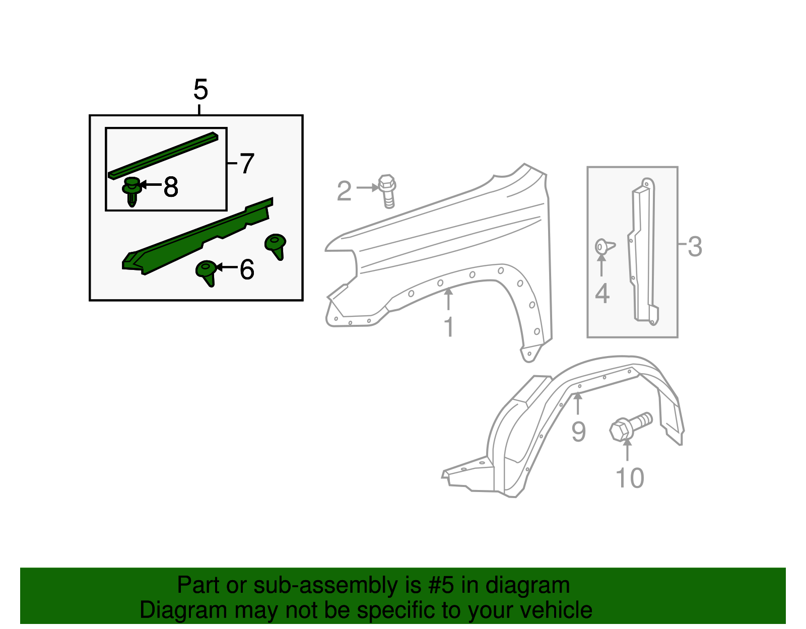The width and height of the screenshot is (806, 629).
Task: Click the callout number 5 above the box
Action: coord(200,90)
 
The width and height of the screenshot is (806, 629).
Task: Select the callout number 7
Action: coord(246,164)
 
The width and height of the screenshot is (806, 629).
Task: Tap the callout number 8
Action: coord(171,187)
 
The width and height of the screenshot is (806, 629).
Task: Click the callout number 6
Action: coord(247,269)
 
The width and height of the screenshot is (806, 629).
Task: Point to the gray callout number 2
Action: coord(344,191)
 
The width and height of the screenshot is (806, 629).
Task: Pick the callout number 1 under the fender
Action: coord(448,327)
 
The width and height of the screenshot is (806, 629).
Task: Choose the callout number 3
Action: coord(695,247)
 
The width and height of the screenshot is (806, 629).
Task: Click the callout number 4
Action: coord(602,294)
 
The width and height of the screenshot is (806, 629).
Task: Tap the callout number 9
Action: coord(578,432)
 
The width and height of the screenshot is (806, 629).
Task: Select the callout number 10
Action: coord(630,478)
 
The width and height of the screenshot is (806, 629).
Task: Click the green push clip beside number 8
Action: coord(131,191)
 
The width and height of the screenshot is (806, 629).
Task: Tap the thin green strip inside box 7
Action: coord(163,155)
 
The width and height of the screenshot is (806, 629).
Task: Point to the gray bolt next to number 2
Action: coord(387,191)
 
